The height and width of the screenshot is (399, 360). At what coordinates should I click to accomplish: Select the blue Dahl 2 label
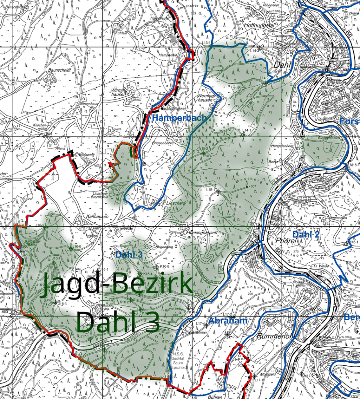(306, 235)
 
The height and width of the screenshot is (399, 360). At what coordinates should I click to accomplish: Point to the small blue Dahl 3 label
(129, 255)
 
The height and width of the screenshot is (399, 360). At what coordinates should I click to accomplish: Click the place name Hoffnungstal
(259, 25)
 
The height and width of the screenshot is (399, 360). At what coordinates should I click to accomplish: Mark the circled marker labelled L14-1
(244, 135)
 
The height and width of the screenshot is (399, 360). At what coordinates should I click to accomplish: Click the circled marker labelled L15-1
(218, 191)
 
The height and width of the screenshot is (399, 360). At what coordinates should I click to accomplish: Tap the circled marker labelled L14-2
(266, 83)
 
